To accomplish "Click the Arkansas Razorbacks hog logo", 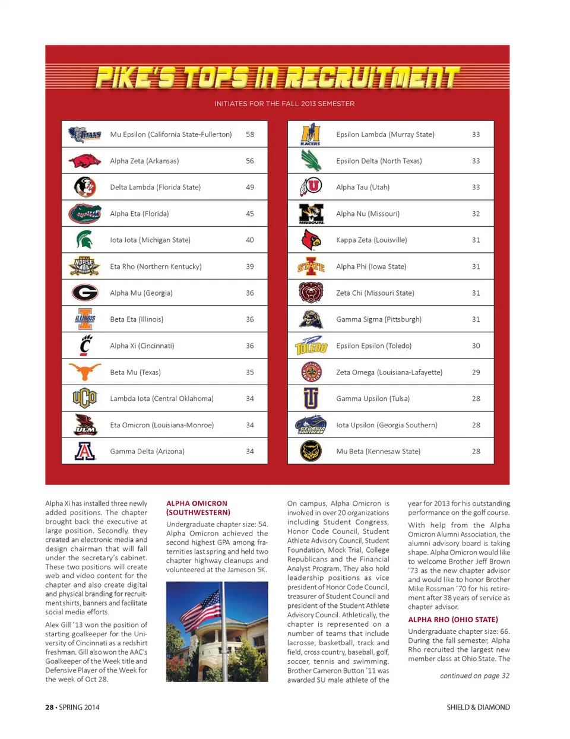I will point(84,161).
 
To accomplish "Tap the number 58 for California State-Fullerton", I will point(250,135).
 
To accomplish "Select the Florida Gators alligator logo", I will point(84,213).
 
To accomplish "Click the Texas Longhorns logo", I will point(84,372).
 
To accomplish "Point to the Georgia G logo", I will point(85,293).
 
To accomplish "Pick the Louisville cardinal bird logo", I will point(311,240).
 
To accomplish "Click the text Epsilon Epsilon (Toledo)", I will point(373,346).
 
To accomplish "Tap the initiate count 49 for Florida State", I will point(250,187).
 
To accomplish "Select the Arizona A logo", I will point(85,451).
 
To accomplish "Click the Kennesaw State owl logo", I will point(311,451).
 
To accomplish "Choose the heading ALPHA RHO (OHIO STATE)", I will point(453,619).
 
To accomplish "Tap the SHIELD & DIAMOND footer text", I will point(478,707).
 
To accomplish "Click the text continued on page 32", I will point(474,675).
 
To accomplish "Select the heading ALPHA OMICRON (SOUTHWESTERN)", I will point(198,508).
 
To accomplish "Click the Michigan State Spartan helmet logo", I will point(84,240).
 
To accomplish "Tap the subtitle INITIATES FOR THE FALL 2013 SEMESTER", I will point(284,104).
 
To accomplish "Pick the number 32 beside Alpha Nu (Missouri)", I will point(476,214).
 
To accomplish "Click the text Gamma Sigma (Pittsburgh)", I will point(379,319).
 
